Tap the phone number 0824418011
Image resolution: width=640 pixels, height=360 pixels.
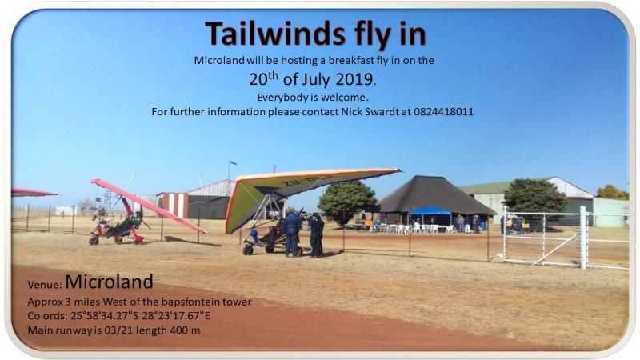pos(443,111)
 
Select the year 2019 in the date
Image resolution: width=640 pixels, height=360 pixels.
pos(354,78)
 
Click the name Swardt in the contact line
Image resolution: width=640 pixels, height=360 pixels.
pos(383,111)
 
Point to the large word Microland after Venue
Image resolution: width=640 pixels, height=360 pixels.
pos(109,282)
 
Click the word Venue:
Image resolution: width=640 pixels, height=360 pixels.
pos(45,285)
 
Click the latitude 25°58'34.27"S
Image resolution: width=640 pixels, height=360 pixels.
pos(105,315)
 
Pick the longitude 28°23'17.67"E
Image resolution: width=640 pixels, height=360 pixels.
pos(176,315)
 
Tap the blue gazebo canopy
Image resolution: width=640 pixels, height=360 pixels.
pos(430,210)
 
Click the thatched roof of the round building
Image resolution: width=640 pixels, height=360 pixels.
pos(434,196)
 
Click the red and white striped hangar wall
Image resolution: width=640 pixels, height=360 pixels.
pos(173,205)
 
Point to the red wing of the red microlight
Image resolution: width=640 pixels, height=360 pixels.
pos(148,205)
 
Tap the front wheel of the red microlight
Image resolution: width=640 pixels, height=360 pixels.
pos(94,241)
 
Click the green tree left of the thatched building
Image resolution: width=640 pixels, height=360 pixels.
pos(348,202)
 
